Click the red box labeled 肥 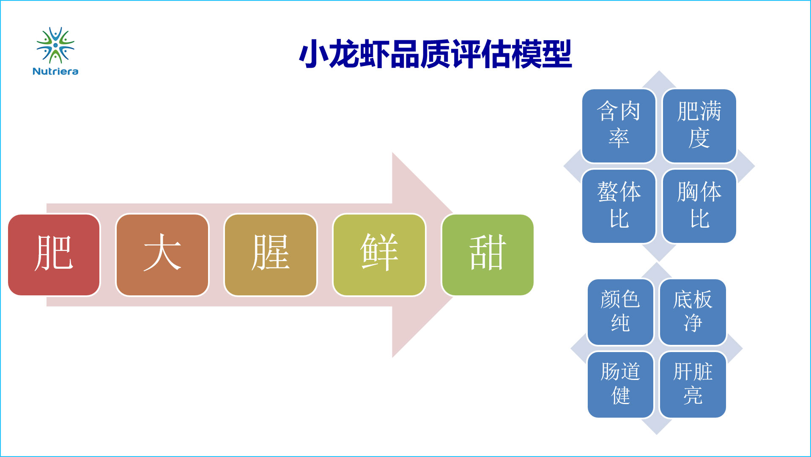(x=54, y=255)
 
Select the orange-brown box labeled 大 (x=162, y=255)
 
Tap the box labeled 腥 (x=271, y=255)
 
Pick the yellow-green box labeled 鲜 (x=379, y=255)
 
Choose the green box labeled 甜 (x=488, y=255)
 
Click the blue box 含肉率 (x=619, y=126)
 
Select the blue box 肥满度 (x=699, y=126)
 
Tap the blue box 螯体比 (x=619, y=206)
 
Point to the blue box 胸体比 (x=699, y=206)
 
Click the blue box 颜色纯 (x=620, y=312)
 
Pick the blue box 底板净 (x=693, y=312)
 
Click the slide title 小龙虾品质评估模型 (x=435, y=54)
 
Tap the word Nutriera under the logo (x=55, y=72)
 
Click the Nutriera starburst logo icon (x=55, y=45)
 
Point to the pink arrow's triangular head (x=423, y=255)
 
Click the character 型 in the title (x=556, y=54)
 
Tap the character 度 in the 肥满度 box (x=699, y=138)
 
